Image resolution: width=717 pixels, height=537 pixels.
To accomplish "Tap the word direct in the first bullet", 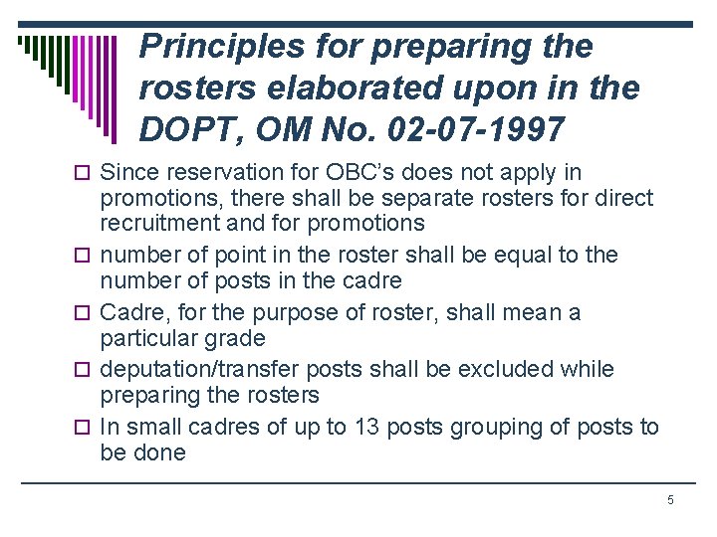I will [x=624, y=198].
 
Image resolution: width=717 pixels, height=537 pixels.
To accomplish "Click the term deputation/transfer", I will [x=196, y=370].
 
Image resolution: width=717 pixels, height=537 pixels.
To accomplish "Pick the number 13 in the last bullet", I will [x=365, y=428].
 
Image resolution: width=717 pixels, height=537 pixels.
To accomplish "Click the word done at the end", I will [x=163, y=452].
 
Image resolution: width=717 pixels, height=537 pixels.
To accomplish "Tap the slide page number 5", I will [x=670, y=499].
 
